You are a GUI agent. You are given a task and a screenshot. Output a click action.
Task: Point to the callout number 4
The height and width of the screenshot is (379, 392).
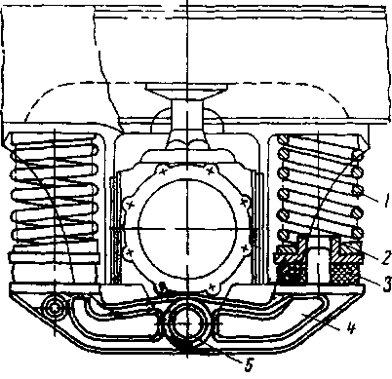point(350,328)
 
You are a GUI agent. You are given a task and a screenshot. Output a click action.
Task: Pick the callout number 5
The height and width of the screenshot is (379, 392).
point(249,366)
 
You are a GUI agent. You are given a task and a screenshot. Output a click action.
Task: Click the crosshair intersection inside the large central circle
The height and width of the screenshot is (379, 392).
point(187,229)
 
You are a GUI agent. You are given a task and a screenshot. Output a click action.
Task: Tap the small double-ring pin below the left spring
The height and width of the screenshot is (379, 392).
point(55,307)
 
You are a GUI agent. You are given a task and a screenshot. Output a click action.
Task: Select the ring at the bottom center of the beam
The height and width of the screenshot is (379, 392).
point(187,322)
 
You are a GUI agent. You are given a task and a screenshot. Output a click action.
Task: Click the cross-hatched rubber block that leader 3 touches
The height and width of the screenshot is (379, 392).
point(345,272)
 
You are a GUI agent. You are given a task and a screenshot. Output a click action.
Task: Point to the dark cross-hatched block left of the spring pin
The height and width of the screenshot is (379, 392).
point(292,272)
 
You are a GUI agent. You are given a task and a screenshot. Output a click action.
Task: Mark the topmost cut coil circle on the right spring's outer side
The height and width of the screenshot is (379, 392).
point(358,155)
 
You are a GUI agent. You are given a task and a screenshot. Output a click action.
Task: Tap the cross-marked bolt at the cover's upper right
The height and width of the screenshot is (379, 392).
point(212,170)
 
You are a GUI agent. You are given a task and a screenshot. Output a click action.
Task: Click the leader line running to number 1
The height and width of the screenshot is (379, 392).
point(369,197)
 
